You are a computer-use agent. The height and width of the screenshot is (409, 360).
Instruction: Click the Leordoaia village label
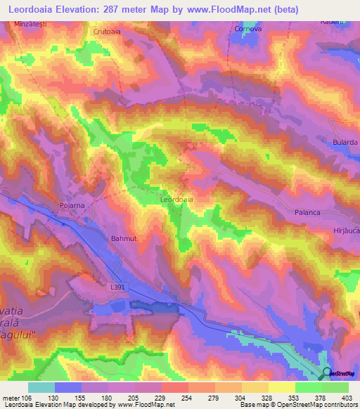click(176, 200)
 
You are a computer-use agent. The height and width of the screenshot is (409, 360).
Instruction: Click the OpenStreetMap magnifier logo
click(325, 375)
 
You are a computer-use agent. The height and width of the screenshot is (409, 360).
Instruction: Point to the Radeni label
click(348, 22)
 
